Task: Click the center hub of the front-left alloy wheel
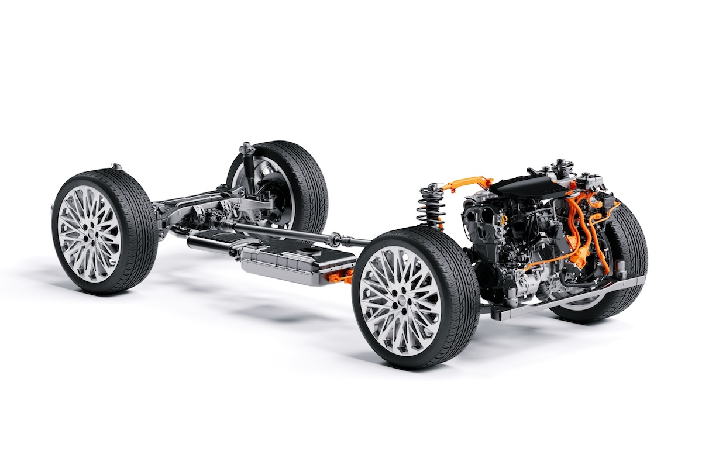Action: tap(399, 298)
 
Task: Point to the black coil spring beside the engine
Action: tap(430, 211)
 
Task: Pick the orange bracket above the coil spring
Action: tap(462, 184)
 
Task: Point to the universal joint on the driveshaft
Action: tap(335, 239)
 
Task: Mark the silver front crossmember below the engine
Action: tap(562, 298)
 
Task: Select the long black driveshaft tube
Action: tap(281, 231)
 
